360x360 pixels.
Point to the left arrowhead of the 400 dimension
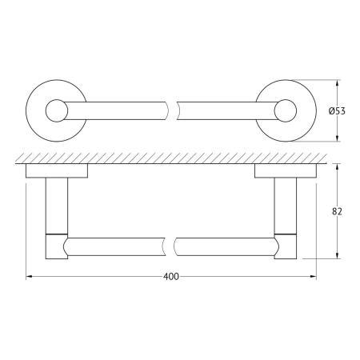tap(30, 277)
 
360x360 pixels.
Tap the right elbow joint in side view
tap(282, 245)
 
